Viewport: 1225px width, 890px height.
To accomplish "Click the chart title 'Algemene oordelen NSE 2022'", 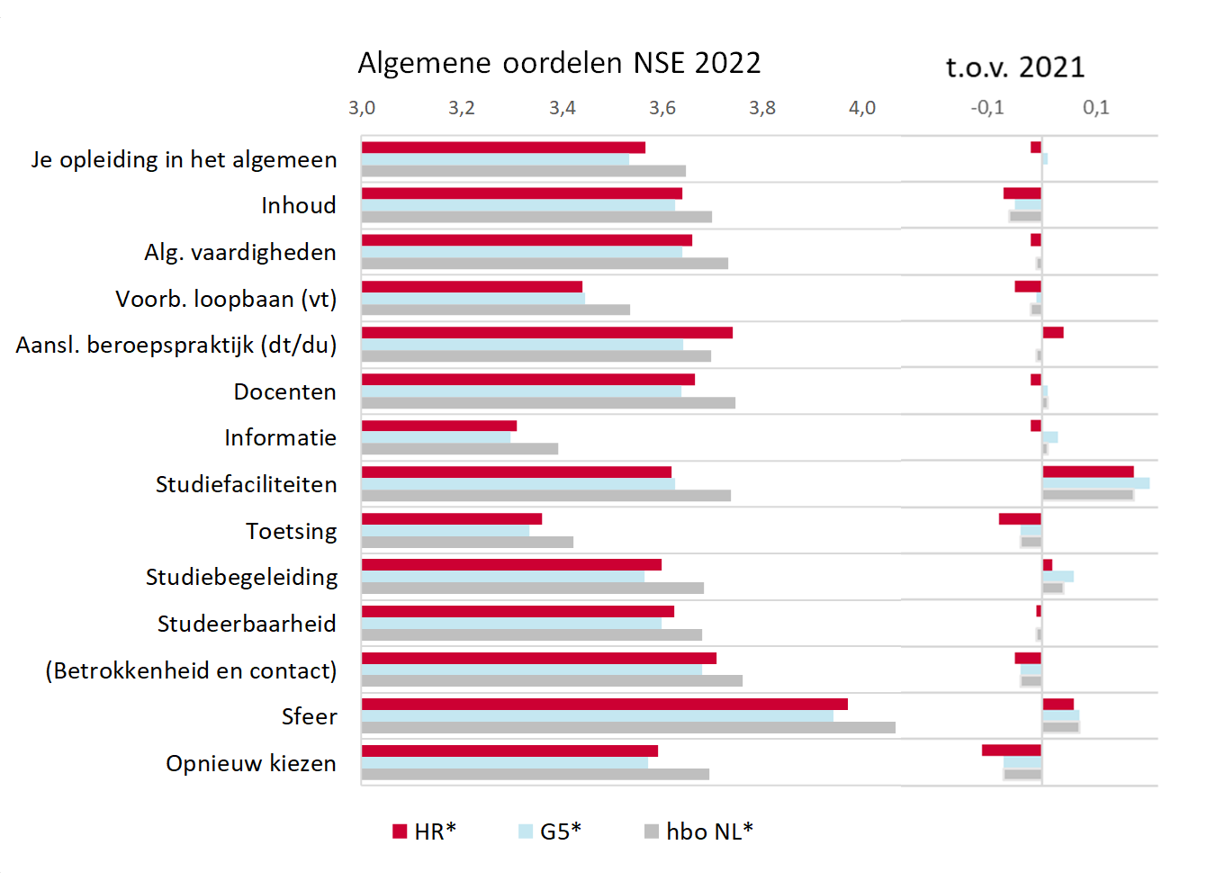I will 559,63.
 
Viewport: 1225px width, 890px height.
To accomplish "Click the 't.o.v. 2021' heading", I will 1014,67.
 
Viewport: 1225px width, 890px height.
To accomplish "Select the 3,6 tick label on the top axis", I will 662,108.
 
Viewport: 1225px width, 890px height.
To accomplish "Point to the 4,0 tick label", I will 862,108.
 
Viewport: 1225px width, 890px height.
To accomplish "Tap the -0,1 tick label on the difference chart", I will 987,108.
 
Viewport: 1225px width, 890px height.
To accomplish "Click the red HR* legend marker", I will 400,832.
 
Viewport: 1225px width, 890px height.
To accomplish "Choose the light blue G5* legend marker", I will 526,832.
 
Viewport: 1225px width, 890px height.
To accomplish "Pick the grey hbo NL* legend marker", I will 652,832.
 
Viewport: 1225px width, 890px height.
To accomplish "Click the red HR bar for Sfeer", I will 604,705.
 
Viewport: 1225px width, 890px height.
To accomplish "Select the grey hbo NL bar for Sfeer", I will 628,727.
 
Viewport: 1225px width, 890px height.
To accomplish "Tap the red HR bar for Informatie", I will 439,426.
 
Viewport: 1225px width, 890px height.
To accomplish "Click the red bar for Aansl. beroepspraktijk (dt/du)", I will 547,333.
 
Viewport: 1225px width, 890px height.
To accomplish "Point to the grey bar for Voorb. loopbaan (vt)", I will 496,310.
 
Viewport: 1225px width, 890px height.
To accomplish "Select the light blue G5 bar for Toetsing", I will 446,531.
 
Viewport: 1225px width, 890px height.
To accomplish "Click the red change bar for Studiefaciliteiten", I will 1087,472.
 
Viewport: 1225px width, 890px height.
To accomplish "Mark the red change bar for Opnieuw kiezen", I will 1012,751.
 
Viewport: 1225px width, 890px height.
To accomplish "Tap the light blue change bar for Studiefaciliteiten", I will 1095,483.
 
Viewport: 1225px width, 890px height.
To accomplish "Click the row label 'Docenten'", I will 284,391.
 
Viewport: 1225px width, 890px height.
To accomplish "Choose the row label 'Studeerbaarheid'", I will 247,624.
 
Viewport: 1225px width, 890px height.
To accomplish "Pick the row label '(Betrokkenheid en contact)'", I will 191,670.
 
